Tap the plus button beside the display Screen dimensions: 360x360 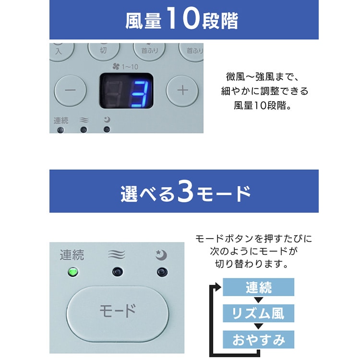182,91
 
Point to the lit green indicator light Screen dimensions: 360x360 73,272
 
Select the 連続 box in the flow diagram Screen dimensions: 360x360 258,287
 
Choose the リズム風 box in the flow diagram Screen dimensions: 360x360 258,313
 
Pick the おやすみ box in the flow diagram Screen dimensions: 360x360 258,339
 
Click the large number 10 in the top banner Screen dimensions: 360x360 182,18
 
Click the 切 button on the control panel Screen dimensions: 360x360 104,50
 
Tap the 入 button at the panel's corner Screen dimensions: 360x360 60,51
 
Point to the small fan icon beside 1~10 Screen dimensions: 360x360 116,67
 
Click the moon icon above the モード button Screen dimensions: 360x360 161,255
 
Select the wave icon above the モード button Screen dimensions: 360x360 117,254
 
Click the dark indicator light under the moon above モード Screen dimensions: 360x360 162,272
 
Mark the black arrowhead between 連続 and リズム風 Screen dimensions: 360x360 259,300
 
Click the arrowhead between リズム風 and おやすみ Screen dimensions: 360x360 259,326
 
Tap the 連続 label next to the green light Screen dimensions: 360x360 72,255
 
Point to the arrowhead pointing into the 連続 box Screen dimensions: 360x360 217,287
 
